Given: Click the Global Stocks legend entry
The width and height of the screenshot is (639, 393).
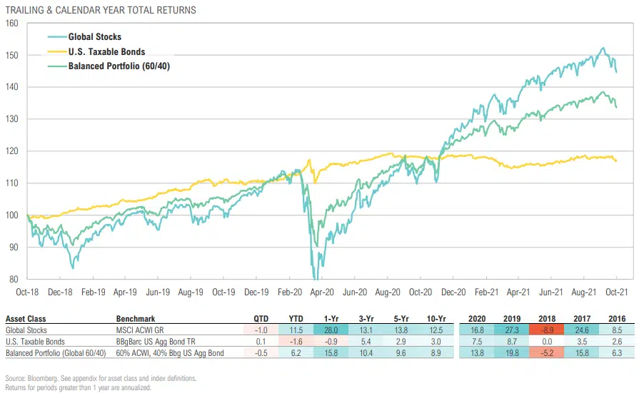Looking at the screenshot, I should pos(94,36).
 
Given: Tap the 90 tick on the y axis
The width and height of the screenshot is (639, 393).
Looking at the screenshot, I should pos(13,247).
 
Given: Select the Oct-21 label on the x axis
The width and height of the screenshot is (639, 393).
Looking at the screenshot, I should pos(616,292).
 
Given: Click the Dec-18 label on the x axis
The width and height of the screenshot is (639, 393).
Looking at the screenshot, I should pos(62,292).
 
